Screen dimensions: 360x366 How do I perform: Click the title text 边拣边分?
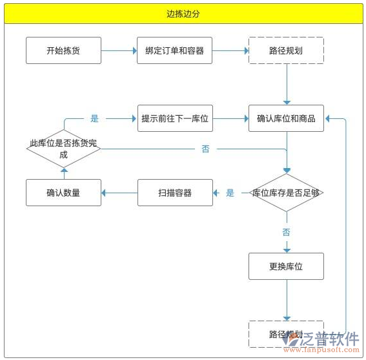(x=183, y=14)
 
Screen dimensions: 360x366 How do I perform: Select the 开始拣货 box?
(x=63, y=50)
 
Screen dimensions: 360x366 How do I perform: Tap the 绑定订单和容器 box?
(x=175, y=50)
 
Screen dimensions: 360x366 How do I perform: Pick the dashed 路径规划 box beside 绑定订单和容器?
(x=286, y=50)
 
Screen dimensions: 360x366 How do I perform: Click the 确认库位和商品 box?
(x=286, y=118)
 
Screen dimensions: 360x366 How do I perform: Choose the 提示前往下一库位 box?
(x=175, y=118)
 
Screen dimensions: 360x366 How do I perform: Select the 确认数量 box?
(x=63, y=193)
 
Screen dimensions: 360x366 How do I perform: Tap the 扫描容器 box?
(x=175, y=193)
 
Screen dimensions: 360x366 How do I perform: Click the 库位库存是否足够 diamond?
(x=286, y=193)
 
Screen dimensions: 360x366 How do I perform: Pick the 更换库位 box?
(x=286, y=266)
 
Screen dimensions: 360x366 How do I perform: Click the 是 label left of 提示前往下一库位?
(x=95, y=119)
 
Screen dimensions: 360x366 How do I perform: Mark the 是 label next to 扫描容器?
(x=230, y=193)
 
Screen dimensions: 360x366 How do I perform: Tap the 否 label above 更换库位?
(x=286, y=231)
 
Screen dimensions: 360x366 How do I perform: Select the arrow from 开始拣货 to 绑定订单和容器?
(x=119, y=50)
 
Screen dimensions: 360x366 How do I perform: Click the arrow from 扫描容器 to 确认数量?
(x=119, y=193)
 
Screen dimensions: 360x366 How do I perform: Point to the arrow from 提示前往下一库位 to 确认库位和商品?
(x=230, y=119)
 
